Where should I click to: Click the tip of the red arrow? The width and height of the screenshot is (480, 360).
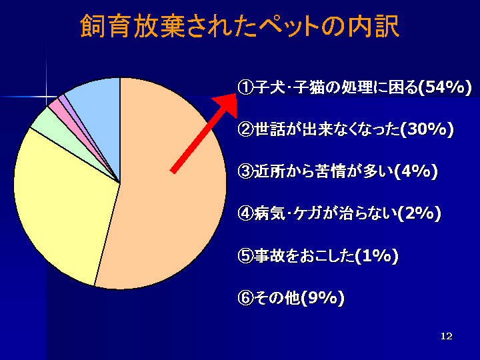tap(236, 94)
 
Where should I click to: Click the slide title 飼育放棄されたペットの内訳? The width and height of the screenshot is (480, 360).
tap(240, 26)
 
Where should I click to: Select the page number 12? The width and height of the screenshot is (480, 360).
tap(447, 336)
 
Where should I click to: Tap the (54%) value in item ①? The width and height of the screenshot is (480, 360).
tap(445, 87)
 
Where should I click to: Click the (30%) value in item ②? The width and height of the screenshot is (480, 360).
tap(427, 129)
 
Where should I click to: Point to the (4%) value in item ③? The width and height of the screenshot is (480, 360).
tap(415, 171)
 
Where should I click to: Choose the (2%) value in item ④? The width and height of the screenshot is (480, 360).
tap(419, 213)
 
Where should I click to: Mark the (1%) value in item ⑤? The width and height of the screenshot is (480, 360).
tap(377, 255)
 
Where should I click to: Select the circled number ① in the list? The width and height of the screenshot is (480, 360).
tap(246, 88)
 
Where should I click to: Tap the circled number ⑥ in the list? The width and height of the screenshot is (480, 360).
tap(246, 298)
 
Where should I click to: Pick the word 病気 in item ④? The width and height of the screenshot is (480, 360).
tap(269, 213)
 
